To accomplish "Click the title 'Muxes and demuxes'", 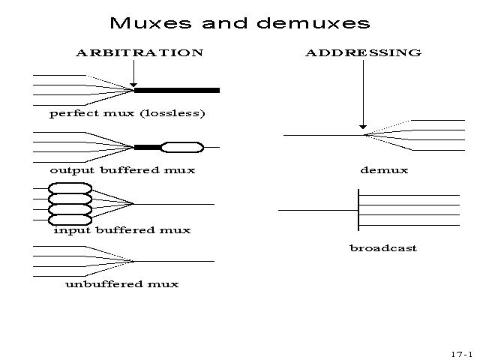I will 239,23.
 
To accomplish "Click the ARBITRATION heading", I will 139,53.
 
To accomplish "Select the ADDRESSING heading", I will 363,53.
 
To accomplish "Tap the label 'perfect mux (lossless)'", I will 127,114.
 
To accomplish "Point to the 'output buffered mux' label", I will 122,170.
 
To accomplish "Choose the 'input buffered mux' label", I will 122,230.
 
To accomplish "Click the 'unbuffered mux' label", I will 122,284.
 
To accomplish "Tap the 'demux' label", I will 384,170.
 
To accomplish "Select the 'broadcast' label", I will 383,248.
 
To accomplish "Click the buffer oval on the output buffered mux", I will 182,147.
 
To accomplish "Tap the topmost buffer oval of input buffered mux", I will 70,189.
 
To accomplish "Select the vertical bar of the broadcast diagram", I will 359,210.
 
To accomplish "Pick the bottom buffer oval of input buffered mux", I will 70,220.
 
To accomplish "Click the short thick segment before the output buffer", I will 148,147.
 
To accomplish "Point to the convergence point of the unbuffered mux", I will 133,261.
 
